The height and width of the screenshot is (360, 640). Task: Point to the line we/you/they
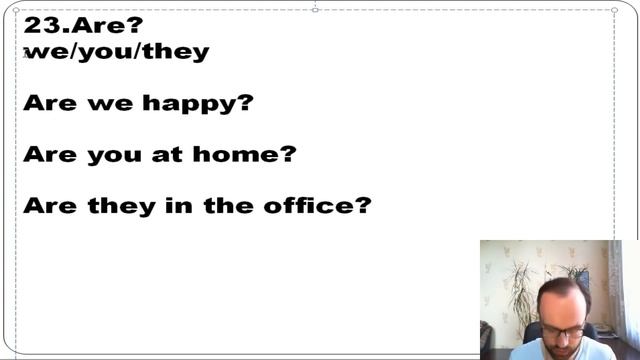[x=116, y=51]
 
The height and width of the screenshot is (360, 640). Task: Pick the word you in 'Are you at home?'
[x=115, y=155]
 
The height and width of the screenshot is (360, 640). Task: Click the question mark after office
[x=363, y=206]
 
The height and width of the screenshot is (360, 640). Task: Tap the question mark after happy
[x=246, y=102]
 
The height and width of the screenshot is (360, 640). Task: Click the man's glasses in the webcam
[x=563, y=331]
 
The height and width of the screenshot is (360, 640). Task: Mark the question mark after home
[x=288, y=154]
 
